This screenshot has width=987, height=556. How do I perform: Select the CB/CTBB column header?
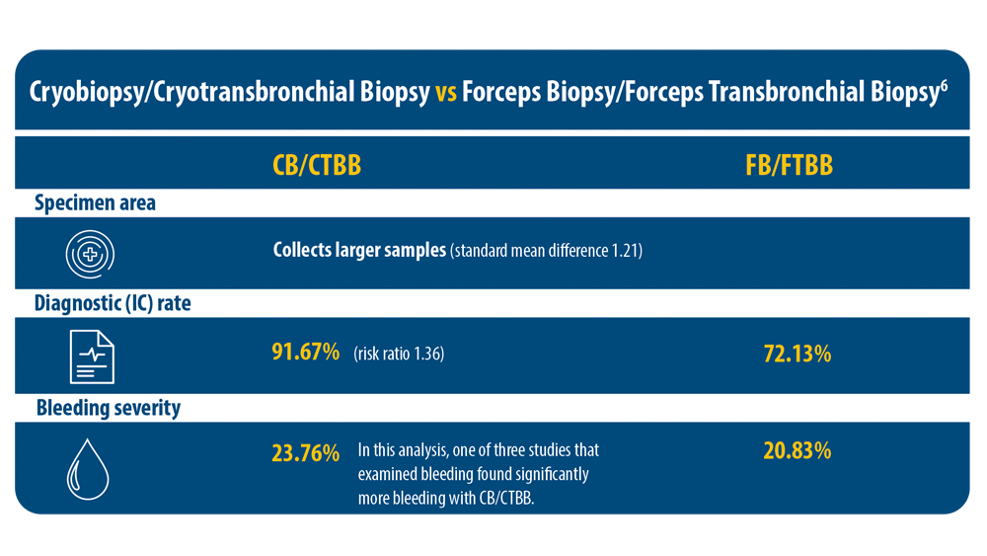pos(316,165)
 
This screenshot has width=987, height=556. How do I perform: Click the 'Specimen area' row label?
pos(95,203)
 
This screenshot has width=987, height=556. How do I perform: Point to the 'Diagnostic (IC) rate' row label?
pos(113,303)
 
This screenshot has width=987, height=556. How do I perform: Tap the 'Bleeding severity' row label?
pos(109,407)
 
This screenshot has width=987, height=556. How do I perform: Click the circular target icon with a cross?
pos(90,254)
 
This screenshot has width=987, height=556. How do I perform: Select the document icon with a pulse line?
pos(91,357)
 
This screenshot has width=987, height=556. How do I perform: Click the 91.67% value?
pos(305,352)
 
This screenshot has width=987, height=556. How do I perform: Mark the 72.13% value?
pos(797,354)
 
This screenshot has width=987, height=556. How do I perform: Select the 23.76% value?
pos(305,454)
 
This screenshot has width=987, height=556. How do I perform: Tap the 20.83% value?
pos(797,450)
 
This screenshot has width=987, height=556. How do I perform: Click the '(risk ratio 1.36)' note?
pos(399,353)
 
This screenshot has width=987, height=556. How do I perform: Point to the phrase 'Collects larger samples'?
pos(359,250)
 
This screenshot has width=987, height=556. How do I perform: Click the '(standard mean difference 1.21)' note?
pos(546,251)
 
